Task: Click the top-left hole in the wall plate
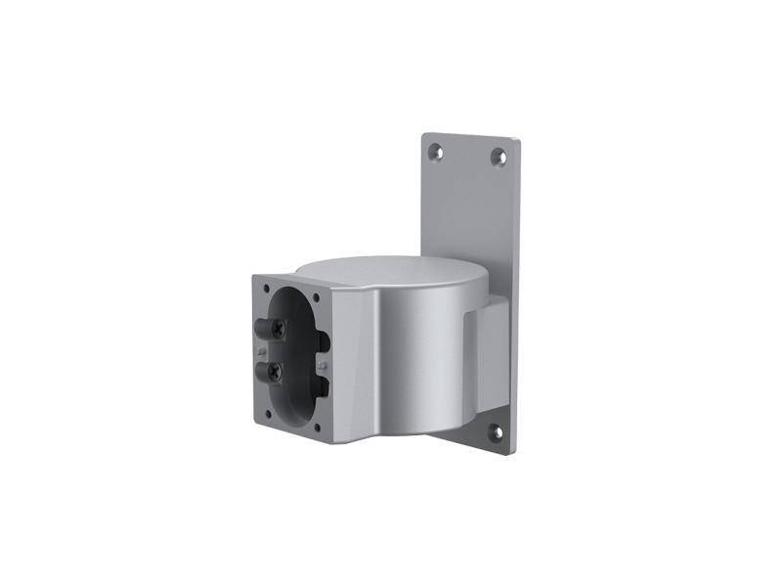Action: click(436, 152)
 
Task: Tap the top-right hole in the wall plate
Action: click(498, 156)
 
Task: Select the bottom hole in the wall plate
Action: click(495, 430)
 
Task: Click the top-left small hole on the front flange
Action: click(266, 289)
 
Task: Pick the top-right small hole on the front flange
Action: click(316, 297)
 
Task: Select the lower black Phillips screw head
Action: click(277, 371)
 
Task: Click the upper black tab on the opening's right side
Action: click(323, 342)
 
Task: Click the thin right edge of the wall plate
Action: click(515, 293)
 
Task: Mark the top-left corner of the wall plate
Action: click(424, 136)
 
